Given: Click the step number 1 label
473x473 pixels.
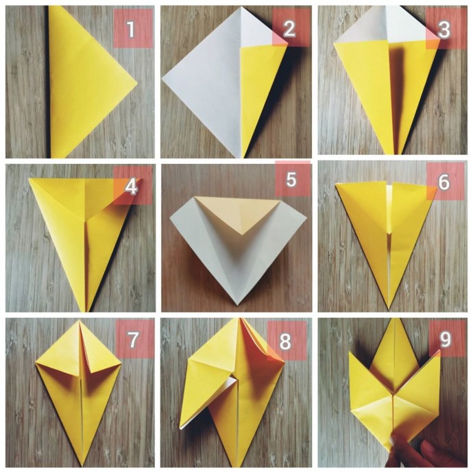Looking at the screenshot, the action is pos(130,29).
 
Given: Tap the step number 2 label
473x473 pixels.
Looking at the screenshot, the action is pos(289,29).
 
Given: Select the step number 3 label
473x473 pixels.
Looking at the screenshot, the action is pos(444,30).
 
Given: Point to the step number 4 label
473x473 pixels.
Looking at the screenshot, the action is pos(131,186).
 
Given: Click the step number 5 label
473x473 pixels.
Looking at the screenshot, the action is pos(291,179).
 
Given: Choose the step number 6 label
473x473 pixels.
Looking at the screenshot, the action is pos(444,182).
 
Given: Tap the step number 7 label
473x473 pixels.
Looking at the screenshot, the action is pos(133,339).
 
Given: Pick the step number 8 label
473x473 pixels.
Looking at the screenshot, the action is pos(285,341).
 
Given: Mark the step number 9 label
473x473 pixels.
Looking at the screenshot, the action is pos(445,339).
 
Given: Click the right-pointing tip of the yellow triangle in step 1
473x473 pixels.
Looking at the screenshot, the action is pos(137,83).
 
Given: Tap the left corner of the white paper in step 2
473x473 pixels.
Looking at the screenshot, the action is pos(162,78).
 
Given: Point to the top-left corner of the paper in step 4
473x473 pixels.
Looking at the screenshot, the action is pos(29,179).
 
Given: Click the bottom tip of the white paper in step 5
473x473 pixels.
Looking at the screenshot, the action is pos(237,305).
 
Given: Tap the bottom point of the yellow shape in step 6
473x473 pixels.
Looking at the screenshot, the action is pos(389,309).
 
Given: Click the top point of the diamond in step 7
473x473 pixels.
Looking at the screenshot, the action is pos(80,320).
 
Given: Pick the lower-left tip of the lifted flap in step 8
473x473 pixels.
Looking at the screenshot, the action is pos(181,428).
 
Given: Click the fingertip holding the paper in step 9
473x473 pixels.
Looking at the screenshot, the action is pos(396,441).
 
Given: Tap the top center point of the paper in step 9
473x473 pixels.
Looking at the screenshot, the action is pos(394,319).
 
